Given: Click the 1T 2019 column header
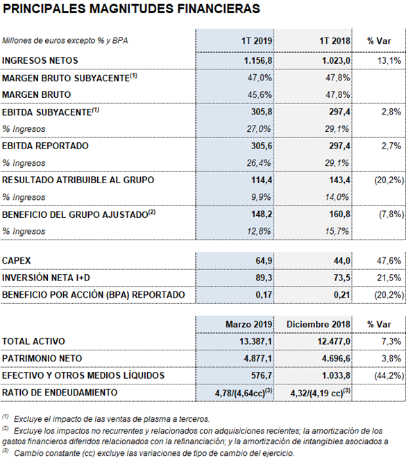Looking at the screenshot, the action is (x=257, y=41).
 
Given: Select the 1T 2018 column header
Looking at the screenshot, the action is (x=335, y=41).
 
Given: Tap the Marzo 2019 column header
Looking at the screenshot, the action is (x=249, y=324).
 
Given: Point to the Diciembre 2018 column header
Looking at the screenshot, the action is (x=318, y=324).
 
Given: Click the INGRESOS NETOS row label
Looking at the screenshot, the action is (x=40, y=60).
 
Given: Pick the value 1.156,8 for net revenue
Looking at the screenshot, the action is (x=258, y=60).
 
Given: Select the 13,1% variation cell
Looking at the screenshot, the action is (x=389, y=60).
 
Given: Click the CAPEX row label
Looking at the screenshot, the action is (x=17, y=260).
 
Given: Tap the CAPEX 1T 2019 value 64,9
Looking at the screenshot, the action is (x=264, y=260).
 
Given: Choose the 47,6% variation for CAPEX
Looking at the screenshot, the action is (x=389, y=260).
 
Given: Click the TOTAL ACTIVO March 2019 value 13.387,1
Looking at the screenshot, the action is (x=255, y=341).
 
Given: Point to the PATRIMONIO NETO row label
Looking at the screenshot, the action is (x=42, y=358).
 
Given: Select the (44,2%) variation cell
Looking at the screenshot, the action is (x=389, y=375).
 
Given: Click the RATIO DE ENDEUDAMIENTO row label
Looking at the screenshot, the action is (x=60, y=393).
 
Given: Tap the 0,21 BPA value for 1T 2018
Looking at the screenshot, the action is (x=341, y=295).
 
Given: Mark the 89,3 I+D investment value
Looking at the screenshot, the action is (x=264, y=278).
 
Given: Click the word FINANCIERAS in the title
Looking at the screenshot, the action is (x=219, y=9).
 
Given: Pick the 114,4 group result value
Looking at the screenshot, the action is (x=262, y=180).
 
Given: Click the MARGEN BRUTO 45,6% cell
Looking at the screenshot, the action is (x=260, y=94).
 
